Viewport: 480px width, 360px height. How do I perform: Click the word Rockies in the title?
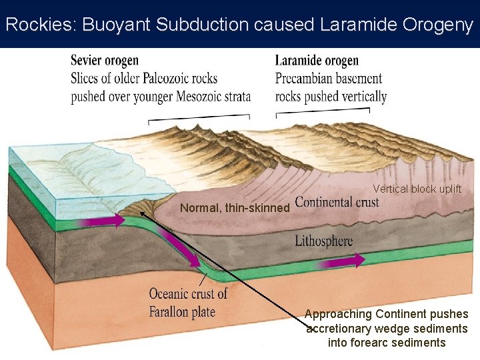click(39, 25)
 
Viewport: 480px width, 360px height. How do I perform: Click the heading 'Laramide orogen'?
click(317, 61)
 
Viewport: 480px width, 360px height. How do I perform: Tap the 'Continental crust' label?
click(337, 202)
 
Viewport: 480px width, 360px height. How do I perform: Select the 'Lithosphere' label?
click(324, 241)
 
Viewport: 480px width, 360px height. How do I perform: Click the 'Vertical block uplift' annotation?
click(417, 189)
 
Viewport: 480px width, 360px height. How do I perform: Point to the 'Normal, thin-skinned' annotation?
click(235, 208)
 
